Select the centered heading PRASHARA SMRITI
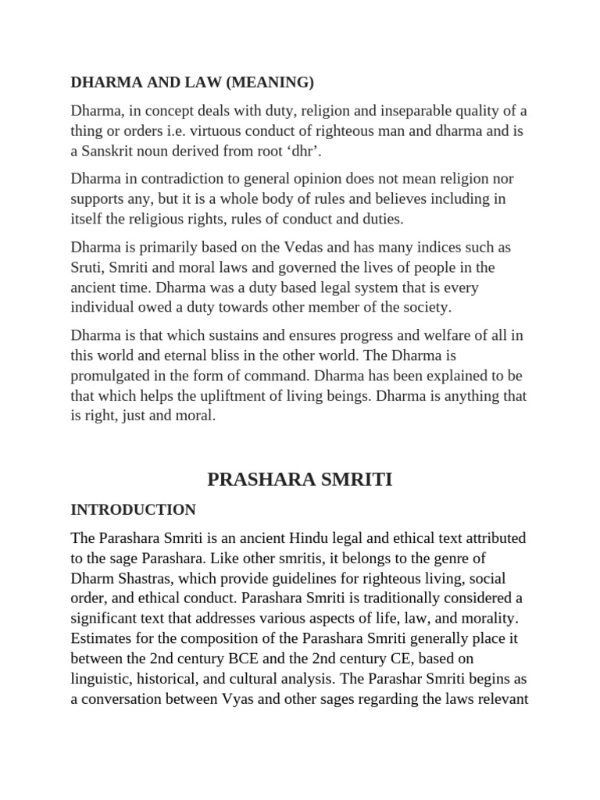300,480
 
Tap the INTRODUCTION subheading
134,510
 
